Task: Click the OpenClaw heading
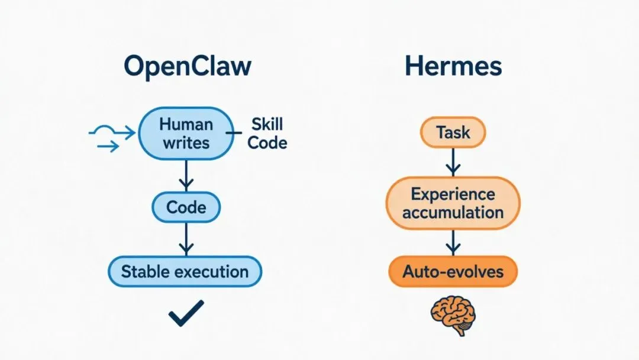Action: pos(188,66)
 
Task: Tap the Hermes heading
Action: pos(453,66)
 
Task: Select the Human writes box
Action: pos(186,134)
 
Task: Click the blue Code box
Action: pos(186,207)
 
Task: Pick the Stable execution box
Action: pos(185,272)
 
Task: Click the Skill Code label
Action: pos(267,134)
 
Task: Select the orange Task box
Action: pos(453,133)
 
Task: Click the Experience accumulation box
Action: pos(453,203)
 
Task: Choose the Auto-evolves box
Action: pos(453,272)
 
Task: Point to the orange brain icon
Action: pos(453,314)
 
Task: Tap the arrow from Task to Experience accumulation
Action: pos(453,161)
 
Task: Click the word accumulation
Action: pos(453,212)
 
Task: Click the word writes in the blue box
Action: pos(186,143)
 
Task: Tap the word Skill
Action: pos(267,124)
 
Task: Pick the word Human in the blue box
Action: pos(186,124)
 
